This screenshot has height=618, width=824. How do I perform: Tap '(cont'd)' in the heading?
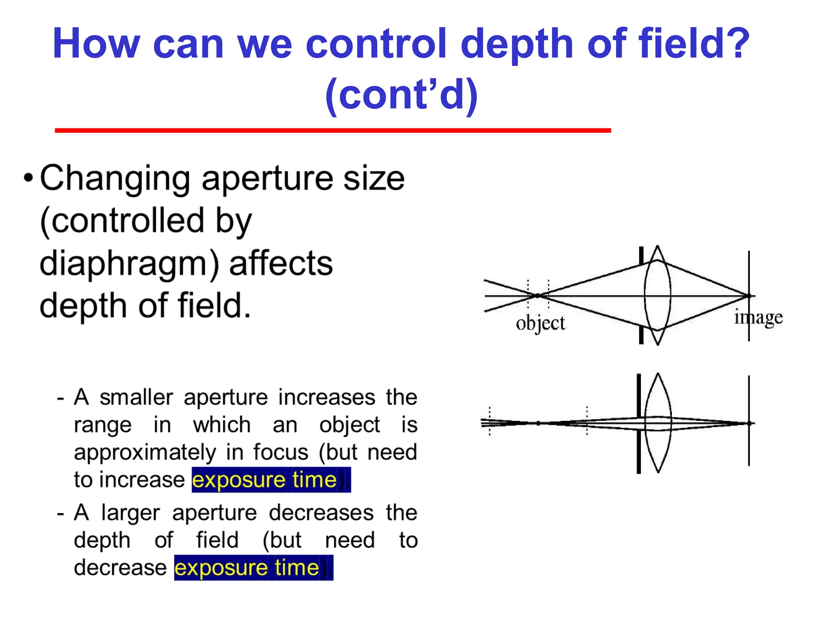pos(402,95)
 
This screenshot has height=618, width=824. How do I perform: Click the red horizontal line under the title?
pos(333,130)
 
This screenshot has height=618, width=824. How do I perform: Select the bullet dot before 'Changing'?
pos(28,177)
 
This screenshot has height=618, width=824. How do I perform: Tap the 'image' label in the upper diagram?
pos(758,318)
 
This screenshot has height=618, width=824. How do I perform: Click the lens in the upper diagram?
pos(657,296)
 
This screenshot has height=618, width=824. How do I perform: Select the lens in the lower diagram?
pos(658,423)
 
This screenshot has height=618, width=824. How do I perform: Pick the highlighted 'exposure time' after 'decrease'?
pos(247,568)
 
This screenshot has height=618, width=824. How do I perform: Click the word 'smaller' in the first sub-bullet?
pos(136,397)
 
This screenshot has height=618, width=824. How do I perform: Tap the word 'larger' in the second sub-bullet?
pos(130,513)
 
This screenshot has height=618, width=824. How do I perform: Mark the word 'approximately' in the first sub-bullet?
pos(145,452)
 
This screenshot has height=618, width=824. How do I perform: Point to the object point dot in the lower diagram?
pos(538,423)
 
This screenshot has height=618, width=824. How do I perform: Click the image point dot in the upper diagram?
pos(749,296)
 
